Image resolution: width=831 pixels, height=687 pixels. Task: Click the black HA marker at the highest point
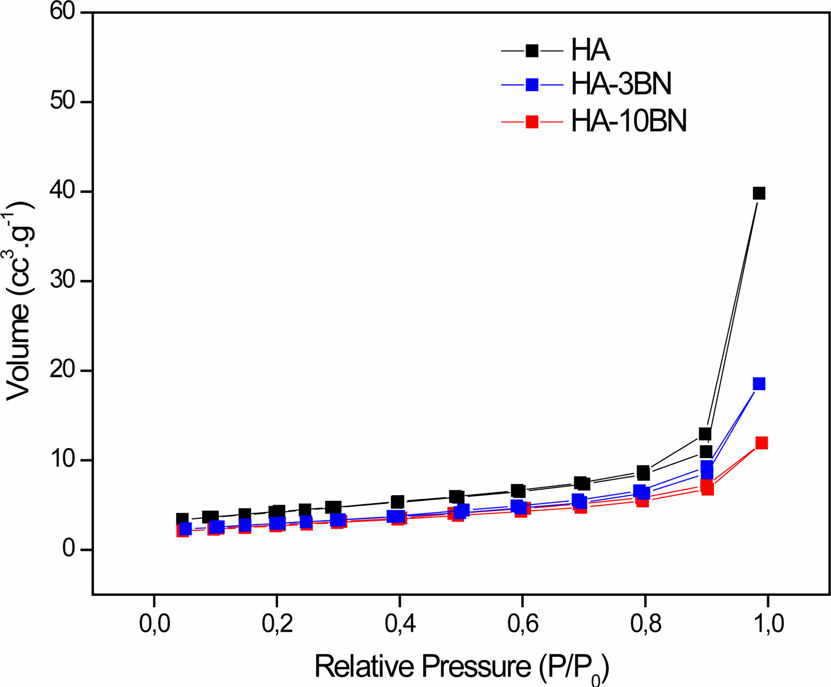(759, 193)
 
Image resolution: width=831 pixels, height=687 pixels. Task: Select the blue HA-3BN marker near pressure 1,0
(759, 384)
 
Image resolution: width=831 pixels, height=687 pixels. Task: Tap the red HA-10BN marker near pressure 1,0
(761, 443)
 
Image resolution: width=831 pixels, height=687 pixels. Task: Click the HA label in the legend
(590, 51)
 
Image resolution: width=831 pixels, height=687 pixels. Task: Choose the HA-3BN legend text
(621, 84)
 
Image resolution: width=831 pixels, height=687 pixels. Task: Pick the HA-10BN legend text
(629, 121)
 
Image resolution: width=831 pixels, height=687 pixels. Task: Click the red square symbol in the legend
(532, 122)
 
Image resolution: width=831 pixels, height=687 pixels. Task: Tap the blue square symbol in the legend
(532, 84)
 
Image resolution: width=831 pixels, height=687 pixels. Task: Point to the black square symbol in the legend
(532, 51)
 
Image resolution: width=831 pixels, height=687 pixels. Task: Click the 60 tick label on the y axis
(63, 11)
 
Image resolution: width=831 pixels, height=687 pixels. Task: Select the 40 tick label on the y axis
(63, 191)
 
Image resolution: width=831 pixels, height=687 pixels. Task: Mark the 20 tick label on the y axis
(63, 370)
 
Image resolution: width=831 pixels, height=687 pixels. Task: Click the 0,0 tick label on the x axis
(155, 624)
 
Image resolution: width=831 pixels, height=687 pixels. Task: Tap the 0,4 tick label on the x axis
(400, 624)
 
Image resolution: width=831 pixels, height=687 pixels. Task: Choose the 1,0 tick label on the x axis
(768, 624)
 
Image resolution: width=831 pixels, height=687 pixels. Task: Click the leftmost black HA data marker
(182, 519)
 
